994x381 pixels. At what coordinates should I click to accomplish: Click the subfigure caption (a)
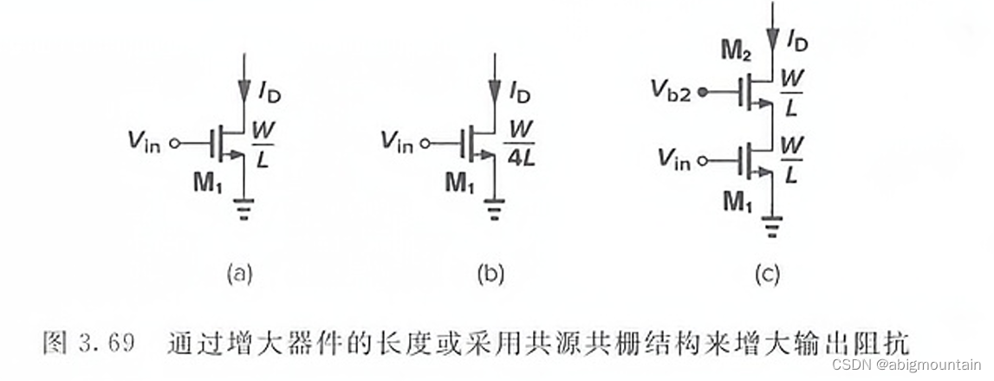click(239, 274)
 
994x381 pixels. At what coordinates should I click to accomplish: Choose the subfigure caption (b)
click(490, 274)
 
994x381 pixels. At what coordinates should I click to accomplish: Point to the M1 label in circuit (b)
click(460, 184)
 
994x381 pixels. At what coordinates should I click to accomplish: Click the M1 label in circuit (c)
click(739, 203)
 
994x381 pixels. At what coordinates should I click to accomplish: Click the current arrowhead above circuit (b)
click(496, 89)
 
